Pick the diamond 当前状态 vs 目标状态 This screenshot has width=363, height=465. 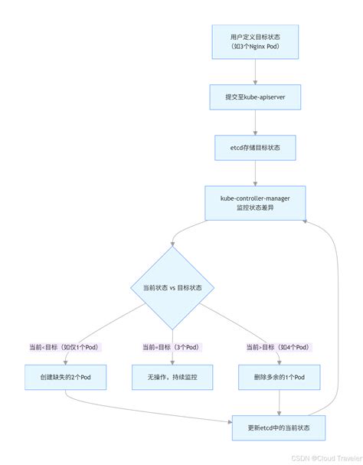point(173,288)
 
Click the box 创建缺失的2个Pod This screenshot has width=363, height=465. point(65,378)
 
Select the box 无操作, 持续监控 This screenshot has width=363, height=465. point(172,378)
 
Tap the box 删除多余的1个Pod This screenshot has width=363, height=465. point(279,378)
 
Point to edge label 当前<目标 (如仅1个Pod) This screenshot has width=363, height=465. point(65,347)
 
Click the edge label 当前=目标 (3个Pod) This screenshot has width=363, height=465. point(172,347)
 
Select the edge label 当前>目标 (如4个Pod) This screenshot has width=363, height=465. point(279,347)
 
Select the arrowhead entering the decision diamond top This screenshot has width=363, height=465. point(173,241)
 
